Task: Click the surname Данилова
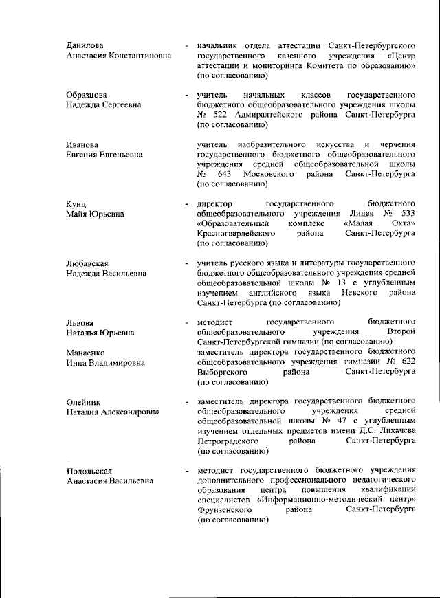[x=85, y=45]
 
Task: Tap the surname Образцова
[x=87, y=94]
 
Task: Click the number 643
[x=226, y=174]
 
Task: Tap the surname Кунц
[x=76, y=204]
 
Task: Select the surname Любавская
[x=88, y=263]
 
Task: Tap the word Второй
[x=400, y=332]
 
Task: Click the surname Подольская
[x=89, y=471]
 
